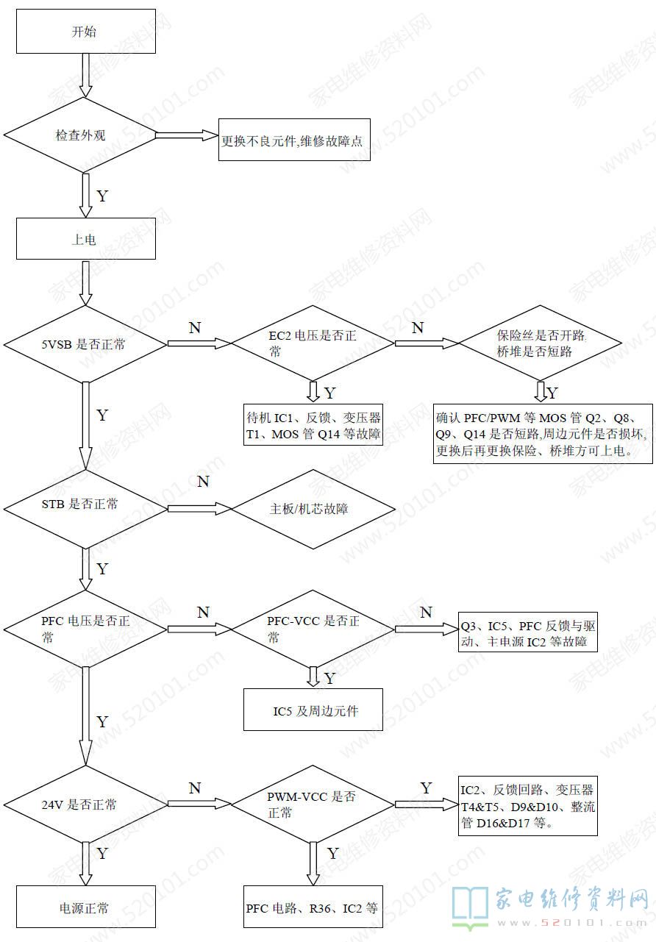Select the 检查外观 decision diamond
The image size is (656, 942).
click(81, 136)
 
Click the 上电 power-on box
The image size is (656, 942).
click(86, 239)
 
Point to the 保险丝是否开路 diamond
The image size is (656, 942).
click(541, 343)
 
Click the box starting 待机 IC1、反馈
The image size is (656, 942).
click(313, 426)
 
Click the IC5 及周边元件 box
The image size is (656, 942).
click(313, 710)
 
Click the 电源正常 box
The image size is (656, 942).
click(86, 907)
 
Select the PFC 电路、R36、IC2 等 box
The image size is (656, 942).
click(313, 907)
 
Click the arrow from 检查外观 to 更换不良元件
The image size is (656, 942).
click(188, 136)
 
